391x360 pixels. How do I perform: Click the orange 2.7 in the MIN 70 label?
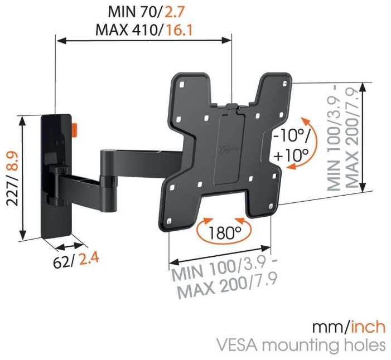[x=173, y=12]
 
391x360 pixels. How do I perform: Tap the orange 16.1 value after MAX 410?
[x=179, y=30]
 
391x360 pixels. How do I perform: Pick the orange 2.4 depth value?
[x=89, y=259]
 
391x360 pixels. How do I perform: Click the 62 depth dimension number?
[x=61, y=262]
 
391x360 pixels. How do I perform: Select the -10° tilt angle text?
[x=291, y=137]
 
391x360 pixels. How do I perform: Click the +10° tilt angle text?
[x=291, y=155]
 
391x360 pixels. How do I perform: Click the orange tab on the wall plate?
[x=74, y=130]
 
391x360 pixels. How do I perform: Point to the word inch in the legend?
[x=368, y=327]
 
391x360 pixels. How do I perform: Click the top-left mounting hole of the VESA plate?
[x=182, y=85]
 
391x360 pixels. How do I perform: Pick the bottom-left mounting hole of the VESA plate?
[x=169, y=221]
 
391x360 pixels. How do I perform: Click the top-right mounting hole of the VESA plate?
[x=285, y=84]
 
